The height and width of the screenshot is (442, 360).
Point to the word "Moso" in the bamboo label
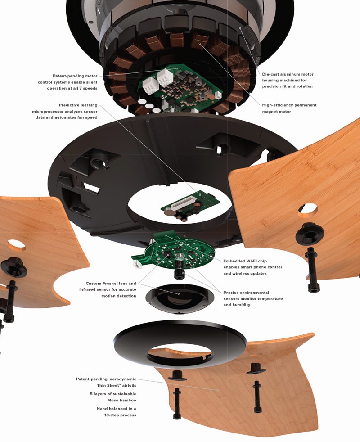tap(114, 400)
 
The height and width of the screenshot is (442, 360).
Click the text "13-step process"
tap(120, 415)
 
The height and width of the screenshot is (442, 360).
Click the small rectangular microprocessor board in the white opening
tap(190, 204)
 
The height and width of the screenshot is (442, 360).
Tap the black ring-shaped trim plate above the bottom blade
tap(179, 338)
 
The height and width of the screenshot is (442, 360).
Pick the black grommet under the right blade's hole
tap(310, 233)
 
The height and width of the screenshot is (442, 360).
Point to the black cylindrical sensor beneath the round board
tap(179, 269)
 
